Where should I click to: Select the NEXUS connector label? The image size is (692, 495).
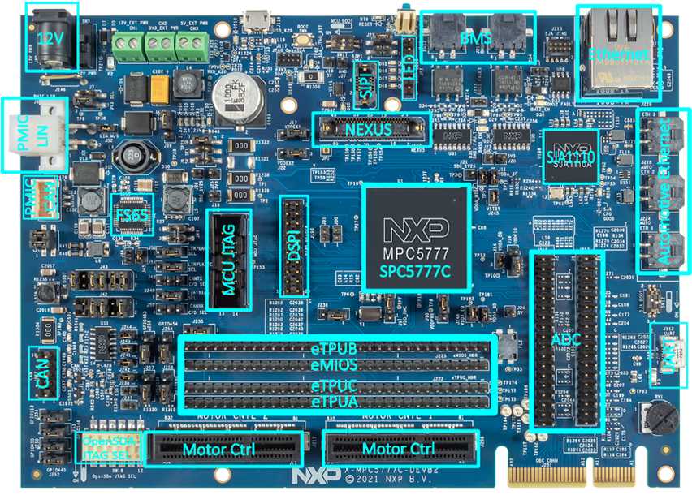pyautogui.click(x=368, y=129)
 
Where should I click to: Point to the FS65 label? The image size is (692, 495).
pyautogui.click(x=132, y=215)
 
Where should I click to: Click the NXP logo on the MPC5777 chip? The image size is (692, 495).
pyautogui.click(x=416, y=226)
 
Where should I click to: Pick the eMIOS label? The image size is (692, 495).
pyautogui.click(x=335, y=365)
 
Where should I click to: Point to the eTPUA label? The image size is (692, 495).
pyautogui.click(x=335, y=402)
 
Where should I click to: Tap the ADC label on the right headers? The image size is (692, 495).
pyautogui.click(x=566, y=339)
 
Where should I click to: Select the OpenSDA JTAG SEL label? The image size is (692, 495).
pyautogui.click(x=109, y=447)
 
